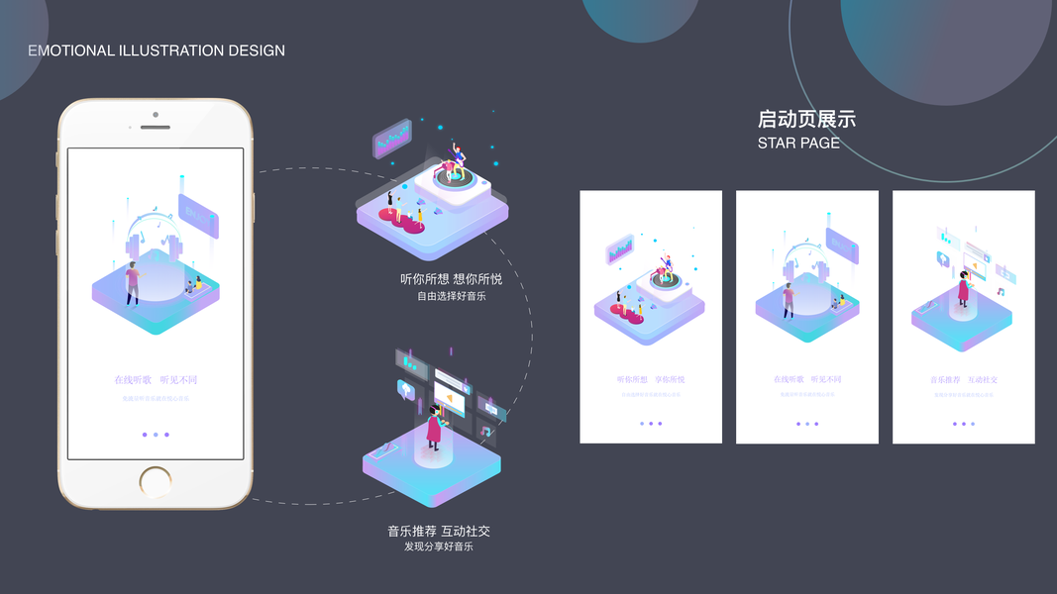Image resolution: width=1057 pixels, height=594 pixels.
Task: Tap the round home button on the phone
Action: [x=156, y=482]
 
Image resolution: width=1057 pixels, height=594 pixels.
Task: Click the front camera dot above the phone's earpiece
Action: [x=156, y=114]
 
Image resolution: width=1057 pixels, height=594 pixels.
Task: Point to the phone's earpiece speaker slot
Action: [x=156, y=128]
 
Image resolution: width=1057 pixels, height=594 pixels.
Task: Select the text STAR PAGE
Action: [x=798, y=143]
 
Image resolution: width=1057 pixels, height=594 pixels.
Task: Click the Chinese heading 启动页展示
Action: [x=806, y=120]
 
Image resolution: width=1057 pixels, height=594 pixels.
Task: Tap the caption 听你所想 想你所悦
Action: [x=451, y=279]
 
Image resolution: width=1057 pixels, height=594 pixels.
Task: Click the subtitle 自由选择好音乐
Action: [x=451, y=296]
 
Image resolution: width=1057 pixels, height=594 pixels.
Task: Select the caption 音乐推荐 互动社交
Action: [x=439, y=531]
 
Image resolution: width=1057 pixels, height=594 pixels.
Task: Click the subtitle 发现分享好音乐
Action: [x=439, y=546]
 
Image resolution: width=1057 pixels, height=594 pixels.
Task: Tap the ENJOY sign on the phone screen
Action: [x=198, y=214]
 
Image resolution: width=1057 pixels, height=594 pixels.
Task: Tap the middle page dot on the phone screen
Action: [x=156, y=435]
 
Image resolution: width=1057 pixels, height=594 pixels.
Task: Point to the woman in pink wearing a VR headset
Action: [x=434, y=427]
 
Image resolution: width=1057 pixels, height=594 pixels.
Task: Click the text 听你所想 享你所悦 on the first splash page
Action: [x=651, y=379]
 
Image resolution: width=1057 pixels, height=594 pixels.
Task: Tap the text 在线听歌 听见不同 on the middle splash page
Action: [x=807, y=379]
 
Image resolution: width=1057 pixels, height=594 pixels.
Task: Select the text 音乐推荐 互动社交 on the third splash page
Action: [x=964, y=379]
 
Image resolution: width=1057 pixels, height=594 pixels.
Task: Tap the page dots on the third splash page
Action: [x=964, y=424]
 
